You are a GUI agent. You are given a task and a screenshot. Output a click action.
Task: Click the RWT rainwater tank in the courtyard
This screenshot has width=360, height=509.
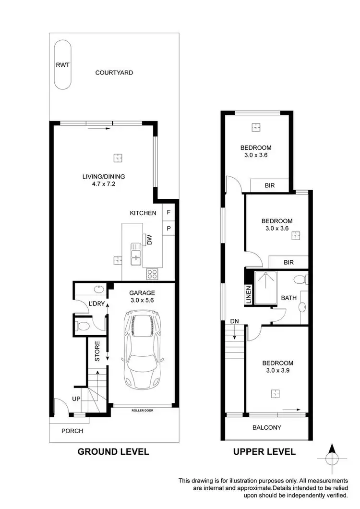coord(62,65)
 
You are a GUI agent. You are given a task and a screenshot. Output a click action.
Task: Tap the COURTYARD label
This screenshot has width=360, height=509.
coord(114,73)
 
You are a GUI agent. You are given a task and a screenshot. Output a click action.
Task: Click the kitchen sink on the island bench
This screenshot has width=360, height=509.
coord(135,253)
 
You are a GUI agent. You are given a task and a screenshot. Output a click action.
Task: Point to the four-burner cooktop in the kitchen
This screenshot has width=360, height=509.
coord(153,274)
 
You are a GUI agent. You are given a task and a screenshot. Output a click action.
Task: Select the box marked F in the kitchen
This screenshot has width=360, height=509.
coord(168,212)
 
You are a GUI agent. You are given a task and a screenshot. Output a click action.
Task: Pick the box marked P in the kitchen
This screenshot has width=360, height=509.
coord(168,229)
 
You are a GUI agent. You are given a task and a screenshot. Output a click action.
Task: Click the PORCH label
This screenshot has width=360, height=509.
coord(72,431)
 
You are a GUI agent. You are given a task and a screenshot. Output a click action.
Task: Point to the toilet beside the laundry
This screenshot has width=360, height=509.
coord(83,327)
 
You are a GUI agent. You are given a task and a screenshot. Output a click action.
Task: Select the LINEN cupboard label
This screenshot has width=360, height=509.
coord(248,293)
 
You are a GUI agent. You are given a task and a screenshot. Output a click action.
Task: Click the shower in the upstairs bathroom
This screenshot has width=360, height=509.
coord(265,288)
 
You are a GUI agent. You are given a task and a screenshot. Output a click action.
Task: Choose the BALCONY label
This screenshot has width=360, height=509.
coord(266,427)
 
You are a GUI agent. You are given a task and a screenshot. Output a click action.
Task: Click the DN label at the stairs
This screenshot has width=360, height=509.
coord(234,321)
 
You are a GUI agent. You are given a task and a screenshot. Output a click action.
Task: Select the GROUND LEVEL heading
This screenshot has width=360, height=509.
coord(113,451)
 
